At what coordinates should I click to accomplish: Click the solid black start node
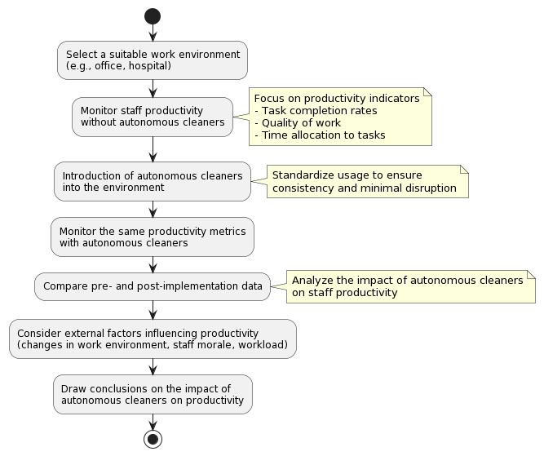pyautogui.click(x=153, y=16)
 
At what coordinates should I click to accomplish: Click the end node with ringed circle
pyautogui.click(x=153, y=439)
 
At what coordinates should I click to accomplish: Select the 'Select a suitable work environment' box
pyautogui.click(x=153, y=60)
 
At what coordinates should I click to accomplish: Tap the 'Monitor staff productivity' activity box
pyautogui.click(x=153, y=117)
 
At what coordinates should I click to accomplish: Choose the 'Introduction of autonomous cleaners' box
pyautogui.click(x=153, y=181)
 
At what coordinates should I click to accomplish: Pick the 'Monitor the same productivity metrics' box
pyautogui.click(x=153, y=237)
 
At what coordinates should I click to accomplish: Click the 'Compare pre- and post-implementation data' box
pyautogui.click(x=153, y=286)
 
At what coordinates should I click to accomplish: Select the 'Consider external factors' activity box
pyautogui.click(x=153, y=339)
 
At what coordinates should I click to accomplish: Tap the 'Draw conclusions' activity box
pyautogui.click(x=153, y=394)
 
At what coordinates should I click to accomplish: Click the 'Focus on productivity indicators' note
pyautogui.click(x=340, y=117)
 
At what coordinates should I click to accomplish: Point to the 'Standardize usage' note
pyautogui.click(x=368, y=181)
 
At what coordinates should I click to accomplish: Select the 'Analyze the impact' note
pyautogui.click(x=411, y=286)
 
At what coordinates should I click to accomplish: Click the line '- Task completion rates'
pyautogui.click(x=316, y=111)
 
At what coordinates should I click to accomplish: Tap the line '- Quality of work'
pyautogui.click(x=298, y=123)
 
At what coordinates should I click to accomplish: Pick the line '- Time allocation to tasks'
pyautogui.click(x=320, y=135)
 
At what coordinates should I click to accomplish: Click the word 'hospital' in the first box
pyautogui.click(x=148, y=65)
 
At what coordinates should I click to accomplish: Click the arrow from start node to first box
pyautogui.click(x=153, y=33)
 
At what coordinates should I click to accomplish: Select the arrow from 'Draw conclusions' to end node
pyautogui.click(x=153, y=422)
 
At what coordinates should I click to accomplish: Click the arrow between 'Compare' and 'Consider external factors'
pyautogui.click(x=153, y=310)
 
